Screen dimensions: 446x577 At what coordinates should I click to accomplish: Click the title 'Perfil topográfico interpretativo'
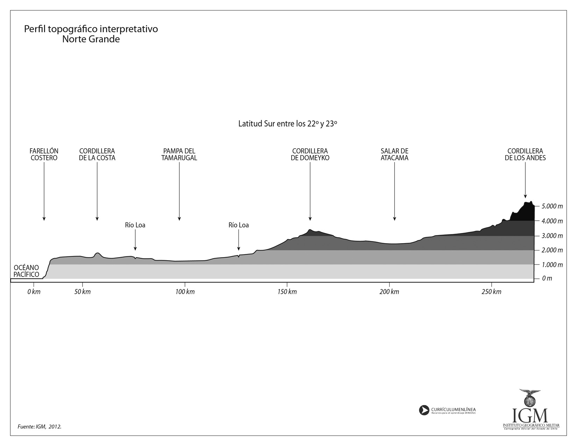[91, 29]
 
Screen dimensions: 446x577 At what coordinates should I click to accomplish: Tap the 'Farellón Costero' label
[44, 154]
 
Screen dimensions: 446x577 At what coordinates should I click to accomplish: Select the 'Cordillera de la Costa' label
[97, 154]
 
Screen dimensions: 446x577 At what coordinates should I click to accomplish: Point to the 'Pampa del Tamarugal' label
[179, 154]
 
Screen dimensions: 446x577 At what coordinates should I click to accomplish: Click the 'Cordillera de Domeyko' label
[310, 154]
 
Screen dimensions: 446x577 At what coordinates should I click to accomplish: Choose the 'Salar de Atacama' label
[394, 154]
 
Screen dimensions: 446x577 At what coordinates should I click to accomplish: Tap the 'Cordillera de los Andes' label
[525, 154]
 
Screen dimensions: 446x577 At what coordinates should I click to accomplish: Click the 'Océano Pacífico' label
[27, 271]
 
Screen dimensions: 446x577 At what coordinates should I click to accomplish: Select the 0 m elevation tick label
[547, 279]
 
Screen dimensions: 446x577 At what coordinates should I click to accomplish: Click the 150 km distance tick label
[287, 292]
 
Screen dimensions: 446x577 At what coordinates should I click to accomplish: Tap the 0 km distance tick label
[34, 292]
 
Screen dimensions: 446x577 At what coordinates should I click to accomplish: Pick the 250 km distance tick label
[491, 292]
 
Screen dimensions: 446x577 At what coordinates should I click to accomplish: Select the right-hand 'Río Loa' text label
[238, 225]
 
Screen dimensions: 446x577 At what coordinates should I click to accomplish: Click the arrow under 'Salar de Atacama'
[394, 192]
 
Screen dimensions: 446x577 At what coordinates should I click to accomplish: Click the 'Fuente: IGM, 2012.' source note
[40, 427]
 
